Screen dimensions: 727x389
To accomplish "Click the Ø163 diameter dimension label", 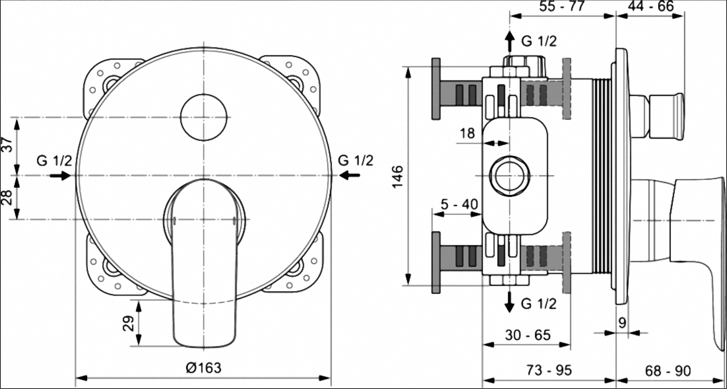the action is (204, 368).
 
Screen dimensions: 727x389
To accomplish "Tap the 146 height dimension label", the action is (397, 176).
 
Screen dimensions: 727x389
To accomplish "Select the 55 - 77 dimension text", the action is (562, 6).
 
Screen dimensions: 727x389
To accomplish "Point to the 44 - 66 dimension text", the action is (650, 6).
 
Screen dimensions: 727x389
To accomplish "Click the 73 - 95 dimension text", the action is (549, 370).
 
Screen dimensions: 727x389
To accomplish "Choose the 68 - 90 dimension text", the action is (668, 370).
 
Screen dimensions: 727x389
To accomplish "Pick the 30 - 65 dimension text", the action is (528, 335).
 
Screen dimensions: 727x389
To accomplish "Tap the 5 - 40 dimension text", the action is (459, 204).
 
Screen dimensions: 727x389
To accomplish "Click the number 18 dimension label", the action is (467, 133).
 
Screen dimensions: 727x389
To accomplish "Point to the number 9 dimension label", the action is (622, 323).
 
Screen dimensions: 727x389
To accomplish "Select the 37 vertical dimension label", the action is (7, 145).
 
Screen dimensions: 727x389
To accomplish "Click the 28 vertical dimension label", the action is (7, 198).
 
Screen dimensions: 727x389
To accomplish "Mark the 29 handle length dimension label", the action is (128, 323).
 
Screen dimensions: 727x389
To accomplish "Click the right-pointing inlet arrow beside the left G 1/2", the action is (60, 175).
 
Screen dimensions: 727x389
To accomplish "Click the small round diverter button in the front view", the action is (204, 117).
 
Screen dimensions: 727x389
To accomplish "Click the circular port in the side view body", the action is (510, 176).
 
